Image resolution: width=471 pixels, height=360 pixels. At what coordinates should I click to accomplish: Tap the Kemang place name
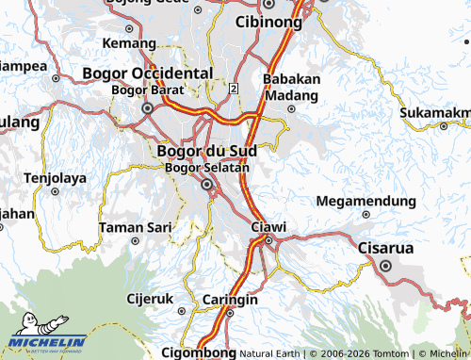[129, 43]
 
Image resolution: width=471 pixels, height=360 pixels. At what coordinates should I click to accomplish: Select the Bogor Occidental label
[148, 73]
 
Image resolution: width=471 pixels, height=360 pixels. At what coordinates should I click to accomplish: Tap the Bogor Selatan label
[206, 168]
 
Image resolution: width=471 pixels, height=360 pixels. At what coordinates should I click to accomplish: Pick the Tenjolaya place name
[55, 177]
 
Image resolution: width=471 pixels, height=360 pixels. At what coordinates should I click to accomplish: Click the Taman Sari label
[135, 227]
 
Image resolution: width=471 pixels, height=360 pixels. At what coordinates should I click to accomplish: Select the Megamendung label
[366, 201]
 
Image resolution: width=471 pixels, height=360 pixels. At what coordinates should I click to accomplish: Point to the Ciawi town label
[269, 226]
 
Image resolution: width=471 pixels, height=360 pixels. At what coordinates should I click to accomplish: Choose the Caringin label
[231, 300]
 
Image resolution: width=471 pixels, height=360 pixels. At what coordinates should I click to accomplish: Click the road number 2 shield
[233, 88]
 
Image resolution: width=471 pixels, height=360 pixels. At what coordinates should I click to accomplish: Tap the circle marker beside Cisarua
[386, 266]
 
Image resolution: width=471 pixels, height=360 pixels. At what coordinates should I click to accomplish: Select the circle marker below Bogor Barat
[147, 108]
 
